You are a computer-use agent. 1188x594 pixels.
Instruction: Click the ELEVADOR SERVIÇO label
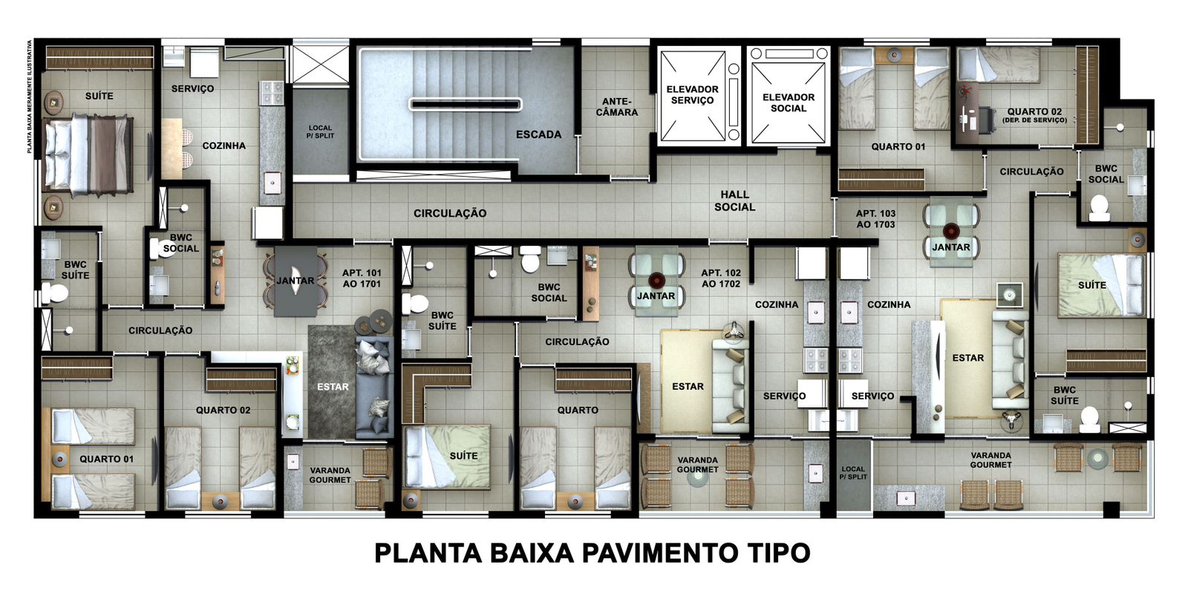692,95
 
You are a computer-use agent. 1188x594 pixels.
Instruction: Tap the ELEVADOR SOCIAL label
788,103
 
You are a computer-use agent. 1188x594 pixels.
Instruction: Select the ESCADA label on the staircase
538,134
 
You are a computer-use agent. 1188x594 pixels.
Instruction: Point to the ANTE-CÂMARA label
616,107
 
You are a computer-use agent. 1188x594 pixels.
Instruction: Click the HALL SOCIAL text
734,201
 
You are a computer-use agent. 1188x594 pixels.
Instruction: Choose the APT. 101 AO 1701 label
362,278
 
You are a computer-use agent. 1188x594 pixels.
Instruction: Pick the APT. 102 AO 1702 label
721,278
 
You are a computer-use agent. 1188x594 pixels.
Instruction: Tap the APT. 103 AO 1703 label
875,219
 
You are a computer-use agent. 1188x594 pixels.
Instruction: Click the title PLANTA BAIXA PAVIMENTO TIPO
593,552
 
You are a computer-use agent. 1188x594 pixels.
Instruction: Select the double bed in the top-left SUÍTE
88,154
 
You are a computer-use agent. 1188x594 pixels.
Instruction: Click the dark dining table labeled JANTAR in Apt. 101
296,281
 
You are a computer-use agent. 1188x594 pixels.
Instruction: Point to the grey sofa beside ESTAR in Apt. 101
373,387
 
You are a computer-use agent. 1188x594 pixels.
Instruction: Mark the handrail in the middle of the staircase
465,105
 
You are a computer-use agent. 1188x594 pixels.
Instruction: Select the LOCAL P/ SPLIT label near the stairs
320,131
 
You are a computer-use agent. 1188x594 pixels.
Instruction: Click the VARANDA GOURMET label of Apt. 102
697,465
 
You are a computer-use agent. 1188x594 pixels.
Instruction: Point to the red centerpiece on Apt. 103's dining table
951,231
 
